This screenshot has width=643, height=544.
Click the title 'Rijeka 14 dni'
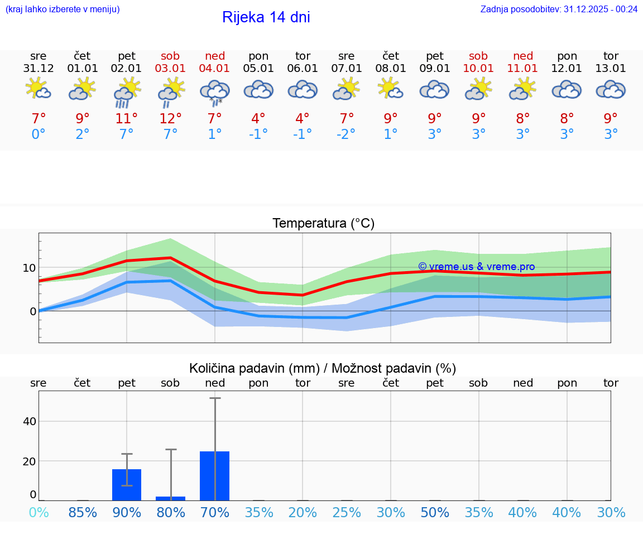[266, 17]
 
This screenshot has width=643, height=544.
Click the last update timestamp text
[559, 9]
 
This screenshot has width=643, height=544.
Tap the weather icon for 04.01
[215, 92]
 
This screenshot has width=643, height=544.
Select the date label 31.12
[39, 69]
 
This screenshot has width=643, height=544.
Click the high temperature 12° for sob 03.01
[171, 118]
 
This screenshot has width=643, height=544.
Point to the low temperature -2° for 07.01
[347, 134]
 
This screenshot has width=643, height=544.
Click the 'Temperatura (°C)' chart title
[323, 223]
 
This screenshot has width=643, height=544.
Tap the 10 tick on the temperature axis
[29, 268]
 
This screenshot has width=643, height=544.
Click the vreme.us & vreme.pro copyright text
[476, 267]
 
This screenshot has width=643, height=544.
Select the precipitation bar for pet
[127, 485]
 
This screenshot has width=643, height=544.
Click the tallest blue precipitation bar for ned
[215, 476]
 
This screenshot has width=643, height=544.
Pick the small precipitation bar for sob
[171, 498]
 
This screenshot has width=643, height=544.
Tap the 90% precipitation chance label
[127, 512]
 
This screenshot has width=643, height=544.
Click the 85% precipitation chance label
[83, 512]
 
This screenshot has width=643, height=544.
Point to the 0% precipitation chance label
[39, 512]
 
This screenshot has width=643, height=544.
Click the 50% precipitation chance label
[435, 512]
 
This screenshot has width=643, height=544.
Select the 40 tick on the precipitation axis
[29, 421]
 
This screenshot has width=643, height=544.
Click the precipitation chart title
[323, 368]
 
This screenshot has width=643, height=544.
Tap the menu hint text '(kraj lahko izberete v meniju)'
[63, 9]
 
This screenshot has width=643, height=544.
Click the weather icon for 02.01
[127, 92]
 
